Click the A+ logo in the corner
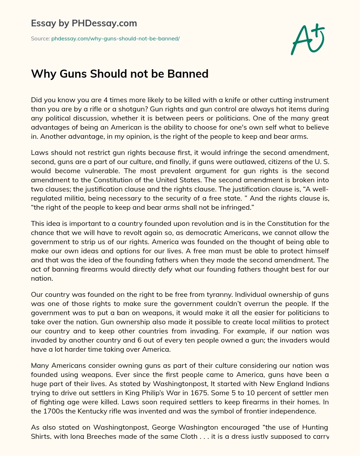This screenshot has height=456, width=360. click(x=308, y=39)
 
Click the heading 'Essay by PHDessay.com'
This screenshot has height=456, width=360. click(x=84, y=23)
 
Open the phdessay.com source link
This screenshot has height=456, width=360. click(x=115, y=39)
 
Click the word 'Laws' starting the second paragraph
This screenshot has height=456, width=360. click(x=39, y=152)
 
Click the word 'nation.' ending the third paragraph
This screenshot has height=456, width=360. click(x=42, y=278)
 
